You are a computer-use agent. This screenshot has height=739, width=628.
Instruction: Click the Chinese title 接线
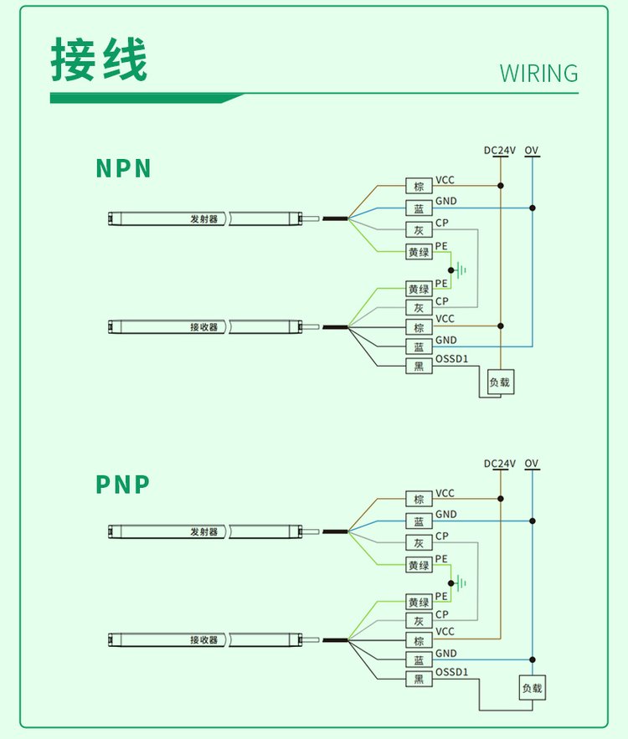point(99,60)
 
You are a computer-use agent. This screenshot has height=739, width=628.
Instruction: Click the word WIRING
point(538,74)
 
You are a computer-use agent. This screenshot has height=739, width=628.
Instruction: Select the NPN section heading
point(124,168)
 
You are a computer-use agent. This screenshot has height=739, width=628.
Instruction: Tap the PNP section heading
point(123,485)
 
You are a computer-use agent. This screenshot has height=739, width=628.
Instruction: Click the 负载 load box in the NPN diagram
point(501,382)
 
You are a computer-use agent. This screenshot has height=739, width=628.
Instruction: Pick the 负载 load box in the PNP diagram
point(532,688)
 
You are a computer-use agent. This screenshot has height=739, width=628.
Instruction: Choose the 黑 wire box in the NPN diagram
point(419,366)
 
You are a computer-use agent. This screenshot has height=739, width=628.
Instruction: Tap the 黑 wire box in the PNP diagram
point(419,679)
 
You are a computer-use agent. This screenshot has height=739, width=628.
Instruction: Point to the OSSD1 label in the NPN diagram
point(451,360)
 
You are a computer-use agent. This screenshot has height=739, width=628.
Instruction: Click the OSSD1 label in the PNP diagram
point(451,672)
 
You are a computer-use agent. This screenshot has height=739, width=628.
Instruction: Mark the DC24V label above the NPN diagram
point(500,151)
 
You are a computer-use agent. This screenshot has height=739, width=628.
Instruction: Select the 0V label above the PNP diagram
point(532,464)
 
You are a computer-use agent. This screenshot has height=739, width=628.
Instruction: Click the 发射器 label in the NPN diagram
point(203,219)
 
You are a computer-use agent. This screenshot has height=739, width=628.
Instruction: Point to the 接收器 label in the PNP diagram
point(203,640)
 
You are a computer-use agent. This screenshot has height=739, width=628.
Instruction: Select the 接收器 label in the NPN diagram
point(203,327)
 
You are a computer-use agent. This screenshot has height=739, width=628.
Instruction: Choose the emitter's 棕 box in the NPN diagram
point(419,186)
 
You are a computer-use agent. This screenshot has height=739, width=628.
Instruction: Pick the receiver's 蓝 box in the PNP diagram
point(419,659)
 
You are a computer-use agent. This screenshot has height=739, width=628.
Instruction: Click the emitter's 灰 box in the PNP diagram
point(419,542)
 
